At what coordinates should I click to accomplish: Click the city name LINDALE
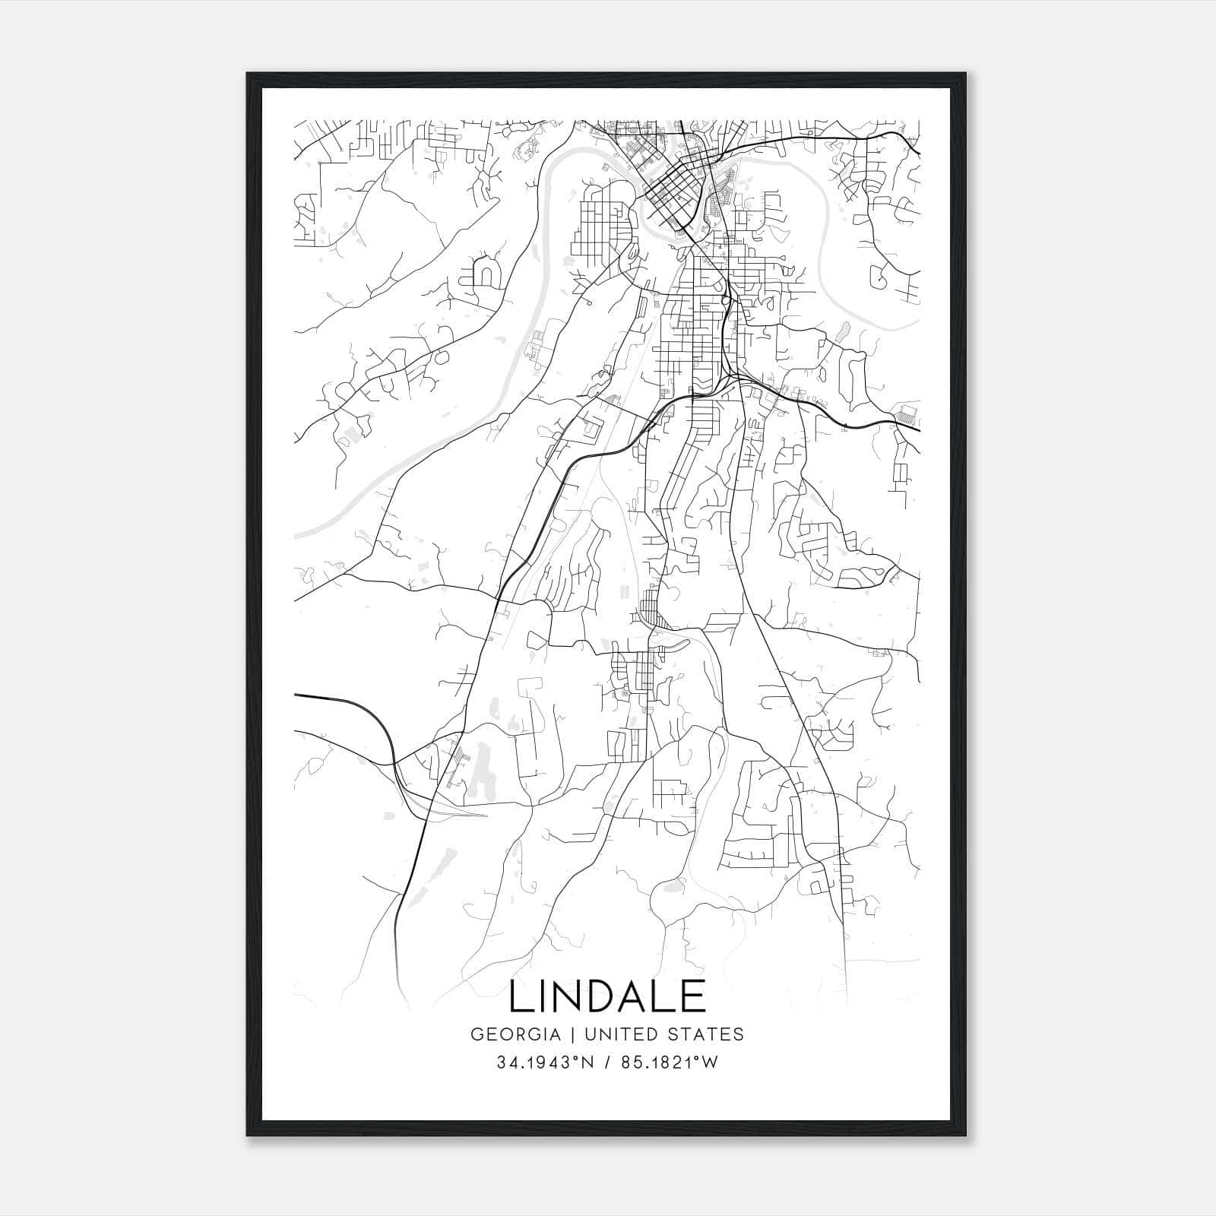(x=607, y=996)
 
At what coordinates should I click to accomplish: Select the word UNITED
(x=619, y=1034)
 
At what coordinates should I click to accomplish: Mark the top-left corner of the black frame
(x=248, y=74)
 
